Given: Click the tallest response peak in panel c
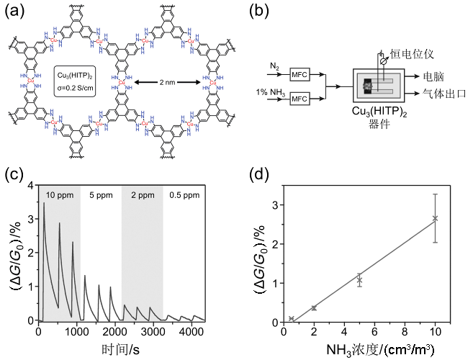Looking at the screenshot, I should (45, 204).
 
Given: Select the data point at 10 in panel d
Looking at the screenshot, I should (435, 218).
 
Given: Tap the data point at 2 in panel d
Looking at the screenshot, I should (314, 307).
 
